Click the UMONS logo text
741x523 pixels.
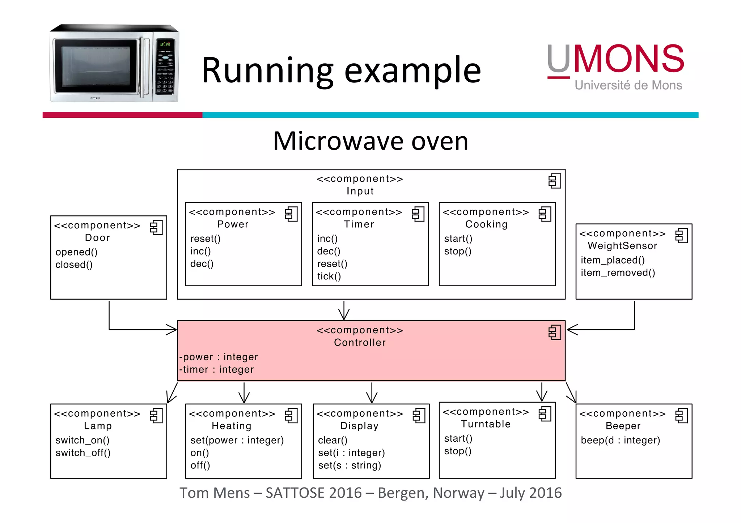pos(615,60)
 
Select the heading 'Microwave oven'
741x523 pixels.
pos(370,141)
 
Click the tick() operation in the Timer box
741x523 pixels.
pos(329,276)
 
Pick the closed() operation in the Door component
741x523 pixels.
pos(74,265)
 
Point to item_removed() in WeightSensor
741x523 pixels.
pos(618,273)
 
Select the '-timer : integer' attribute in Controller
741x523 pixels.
pos(217,370)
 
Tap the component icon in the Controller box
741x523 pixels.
pos(554,333)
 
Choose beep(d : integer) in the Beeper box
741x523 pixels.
pos(620,440)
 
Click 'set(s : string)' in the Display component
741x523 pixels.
pos(350,466)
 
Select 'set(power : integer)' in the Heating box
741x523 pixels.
pos(237,440)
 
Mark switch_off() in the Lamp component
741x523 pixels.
pos(83,453)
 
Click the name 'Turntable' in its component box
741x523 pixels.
pos(486,424)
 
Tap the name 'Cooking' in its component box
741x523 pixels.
pos(486,224)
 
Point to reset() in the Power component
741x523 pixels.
pos(205,239)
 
